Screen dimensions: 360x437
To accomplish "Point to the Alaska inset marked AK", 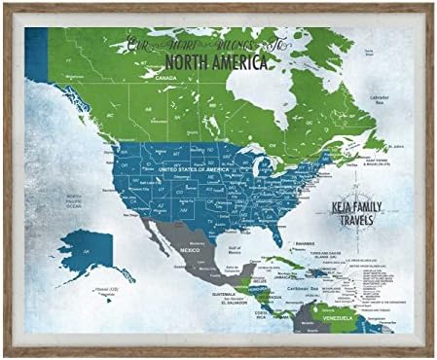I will (86, 252).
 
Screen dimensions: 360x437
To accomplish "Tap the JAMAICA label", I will (278, 277).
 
